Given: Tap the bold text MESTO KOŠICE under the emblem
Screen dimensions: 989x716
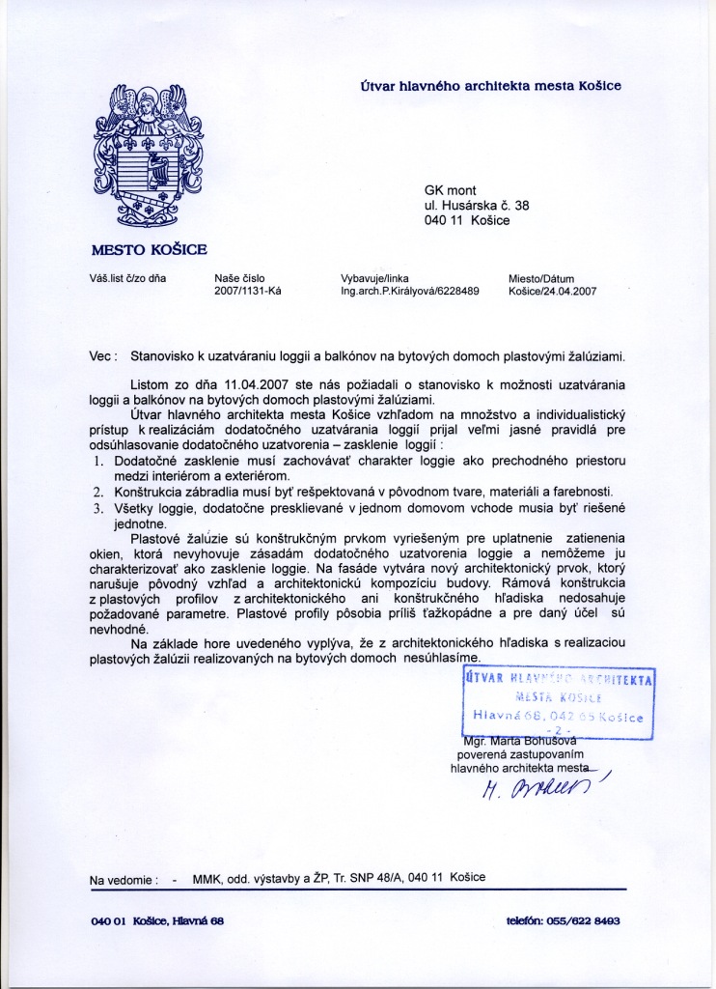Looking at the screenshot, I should [149, 249].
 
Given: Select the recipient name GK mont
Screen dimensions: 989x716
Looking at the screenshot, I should [451, 190].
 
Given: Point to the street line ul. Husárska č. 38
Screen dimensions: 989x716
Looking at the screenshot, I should [477, 205].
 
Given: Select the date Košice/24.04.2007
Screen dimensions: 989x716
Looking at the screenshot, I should [553, 291].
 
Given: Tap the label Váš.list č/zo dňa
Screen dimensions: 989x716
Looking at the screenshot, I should [128, 278].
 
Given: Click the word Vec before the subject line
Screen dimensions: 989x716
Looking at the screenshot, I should [101, 355].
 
